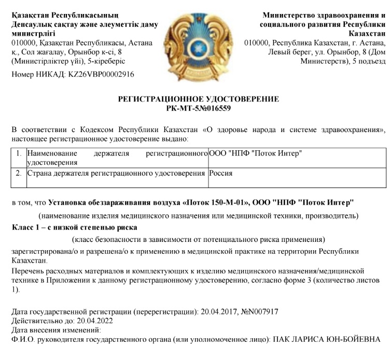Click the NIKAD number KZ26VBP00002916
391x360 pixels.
(x=97, y=74)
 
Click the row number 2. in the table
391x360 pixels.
(x=19, y=173)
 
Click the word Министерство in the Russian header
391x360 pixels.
(x=294, y=15)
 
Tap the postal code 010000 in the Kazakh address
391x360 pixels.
(x=22, y=43)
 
